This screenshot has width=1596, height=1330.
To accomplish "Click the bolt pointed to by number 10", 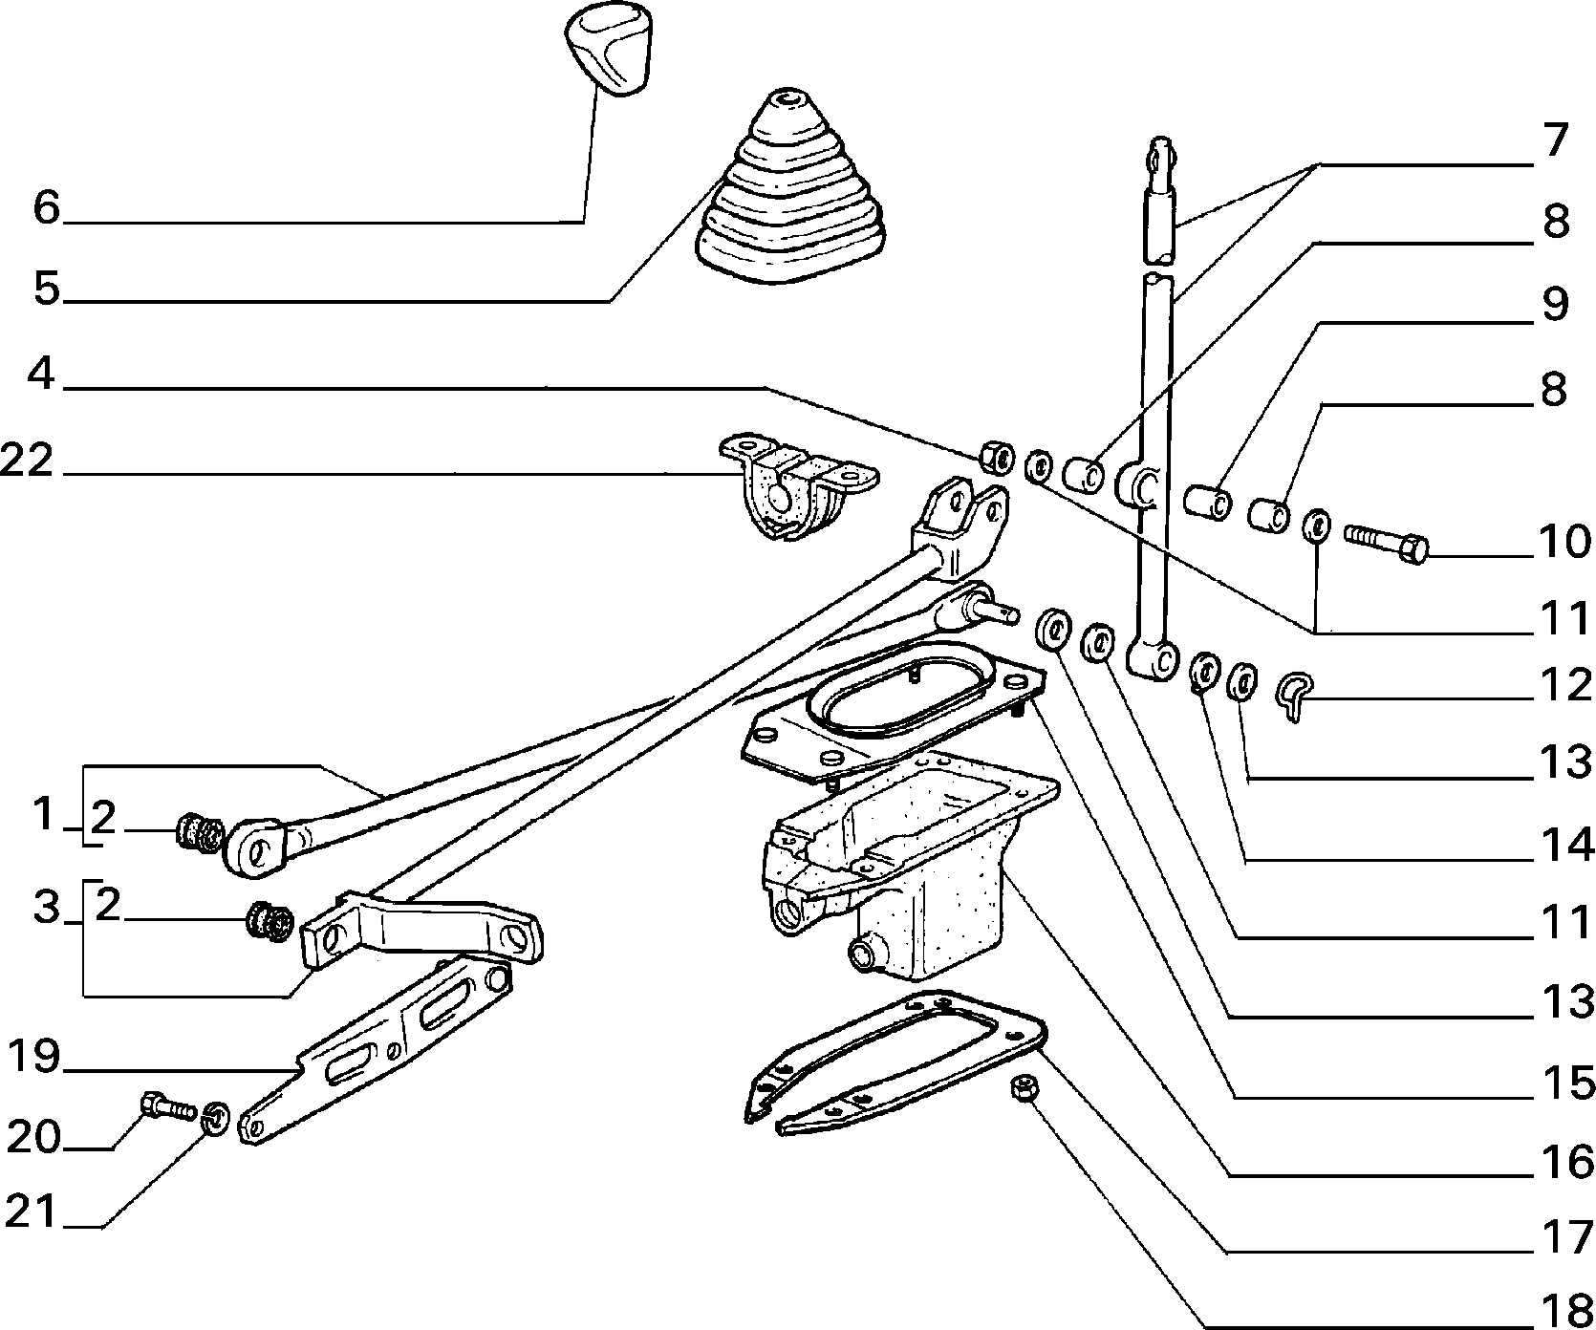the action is tap(1387, 543).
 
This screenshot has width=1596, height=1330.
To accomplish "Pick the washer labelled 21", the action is tap(217, 1118).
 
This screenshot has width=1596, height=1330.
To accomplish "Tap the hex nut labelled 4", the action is tap(996, 457).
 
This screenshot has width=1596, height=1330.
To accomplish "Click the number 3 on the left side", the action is tap(46, 908).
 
